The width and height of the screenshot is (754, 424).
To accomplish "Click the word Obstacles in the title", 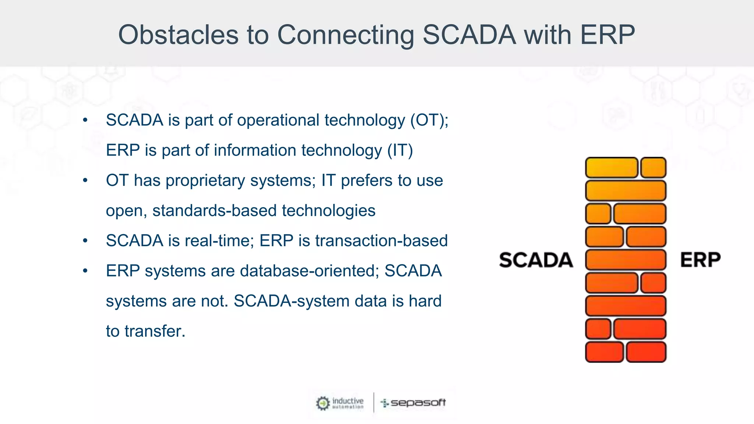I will click(178, 35).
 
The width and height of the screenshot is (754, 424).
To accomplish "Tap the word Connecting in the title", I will click(345, 35).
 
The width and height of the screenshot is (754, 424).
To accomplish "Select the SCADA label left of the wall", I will click(536, 260).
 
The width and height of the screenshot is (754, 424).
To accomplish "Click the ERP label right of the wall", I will click(700, 260).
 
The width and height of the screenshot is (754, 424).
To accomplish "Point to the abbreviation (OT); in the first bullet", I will click(429, 120).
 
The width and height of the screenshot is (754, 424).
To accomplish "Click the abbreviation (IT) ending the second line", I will click(400, 151).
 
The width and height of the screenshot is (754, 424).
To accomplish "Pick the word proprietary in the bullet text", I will click(205, 181).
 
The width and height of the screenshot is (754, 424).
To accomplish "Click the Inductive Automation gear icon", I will click(323, 403).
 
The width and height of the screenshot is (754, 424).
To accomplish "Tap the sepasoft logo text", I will click(418, 403).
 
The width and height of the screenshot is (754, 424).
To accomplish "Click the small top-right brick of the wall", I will click(653, 168).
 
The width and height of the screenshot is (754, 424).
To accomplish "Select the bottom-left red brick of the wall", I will click(604, 352).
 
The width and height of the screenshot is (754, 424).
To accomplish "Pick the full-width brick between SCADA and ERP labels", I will click(626, 260).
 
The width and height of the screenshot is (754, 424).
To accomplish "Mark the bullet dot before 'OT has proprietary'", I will click(85, 181).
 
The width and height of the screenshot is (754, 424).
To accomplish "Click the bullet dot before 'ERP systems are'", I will click(85, 271).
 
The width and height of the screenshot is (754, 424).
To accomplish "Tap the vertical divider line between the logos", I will click(374, 402).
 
